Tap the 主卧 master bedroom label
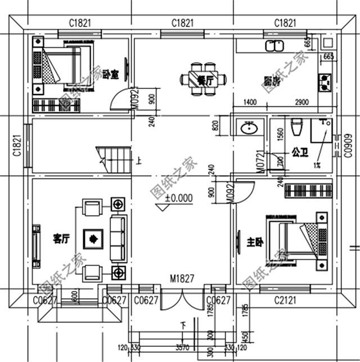[x=255, y=243]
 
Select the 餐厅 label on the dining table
[x=206, y=81]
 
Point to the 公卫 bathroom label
[x=299, y=151]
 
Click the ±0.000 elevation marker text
[x=179, y=198]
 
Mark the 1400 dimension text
[x=250, y=102]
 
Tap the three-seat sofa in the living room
[x=118, y=239]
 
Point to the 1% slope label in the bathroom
[x=317, y=165]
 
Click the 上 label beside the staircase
[x=139, y=162]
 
